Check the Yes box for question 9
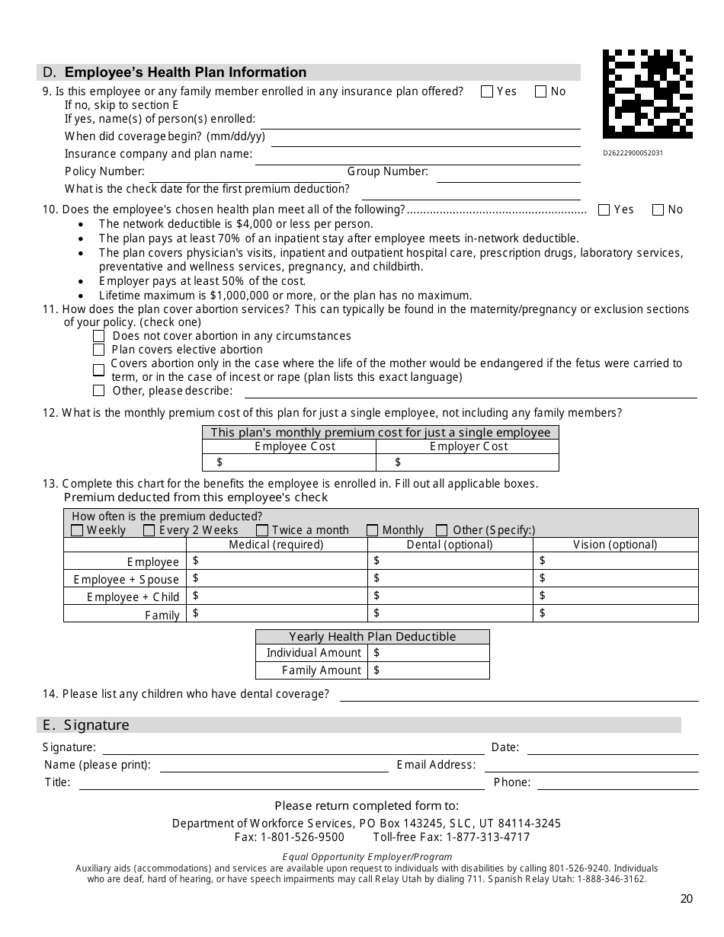tap(487, 91)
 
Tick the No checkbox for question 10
tap(658, 209)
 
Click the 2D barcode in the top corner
tap(648, 94)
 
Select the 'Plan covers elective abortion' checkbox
tap(98, 350)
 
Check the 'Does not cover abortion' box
tap(98, 336)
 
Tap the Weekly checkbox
tap(77, 530)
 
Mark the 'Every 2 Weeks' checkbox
tap(149, 530)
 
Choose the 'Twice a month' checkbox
tap(262, 530)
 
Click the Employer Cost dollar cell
tap(467, 462)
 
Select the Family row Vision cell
tap(615, 613)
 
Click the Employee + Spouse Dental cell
tap(450, 578)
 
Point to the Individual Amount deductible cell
tap(428, 653)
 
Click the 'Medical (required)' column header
tap(276, 545)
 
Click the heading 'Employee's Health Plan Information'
tap(185, 72)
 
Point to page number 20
tap(686, 899)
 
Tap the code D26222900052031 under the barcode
tap(633, 152)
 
